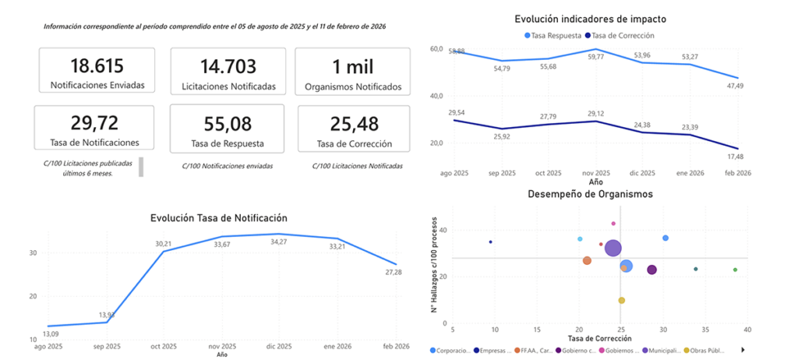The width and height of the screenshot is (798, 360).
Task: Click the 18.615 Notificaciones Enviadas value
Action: [x=97, y=66]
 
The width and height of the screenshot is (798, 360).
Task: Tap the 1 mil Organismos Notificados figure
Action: [x=353, y=66]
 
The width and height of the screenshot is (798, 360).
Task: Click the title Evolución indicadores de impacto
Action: [x=591, y=18]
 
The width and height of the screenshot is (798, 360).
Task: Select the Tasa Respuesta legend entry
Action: [x=554, y=36]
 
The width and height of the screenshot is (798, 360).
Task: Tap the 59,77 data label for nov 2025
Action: [x=595, y=56]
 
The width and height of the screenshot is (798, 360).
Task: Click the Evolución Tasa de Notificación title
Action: [x=218, y=218]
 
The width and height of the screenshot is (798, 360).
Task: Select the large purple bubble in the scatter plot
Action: [x=613, y=249]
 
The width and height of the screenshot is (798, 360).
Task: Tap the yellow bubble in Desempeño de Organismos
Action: [x=621, y=300]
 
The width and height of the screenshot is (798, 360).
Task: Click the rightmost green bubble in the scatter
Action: [x=735, y=270]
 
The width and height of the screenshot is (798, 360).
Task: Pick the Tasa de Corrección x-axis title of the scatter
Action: [x=598, y=338]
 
